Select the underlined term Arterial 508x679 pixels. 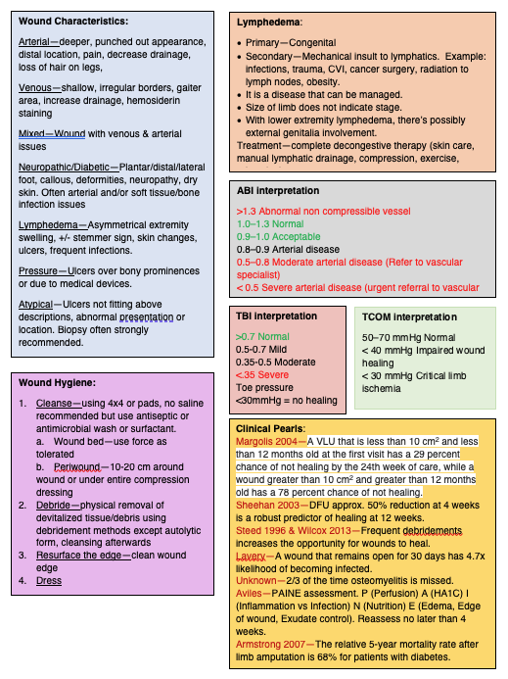(x=36, y=42)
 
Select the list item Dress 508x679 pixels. (x=49, y=580)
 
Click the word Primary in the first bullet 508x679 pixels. (x=265, y=44)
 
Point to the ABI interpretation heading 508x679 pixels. (x=278, y=190)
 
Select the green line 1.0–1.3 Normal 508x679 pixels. (x=270, y=223)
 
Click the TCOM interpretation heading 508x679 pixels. (x=409, y=317)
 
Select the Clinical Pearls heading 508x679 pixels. (x=271, y=428)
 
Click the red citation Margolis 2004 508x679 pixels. (x=268, y=442)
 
